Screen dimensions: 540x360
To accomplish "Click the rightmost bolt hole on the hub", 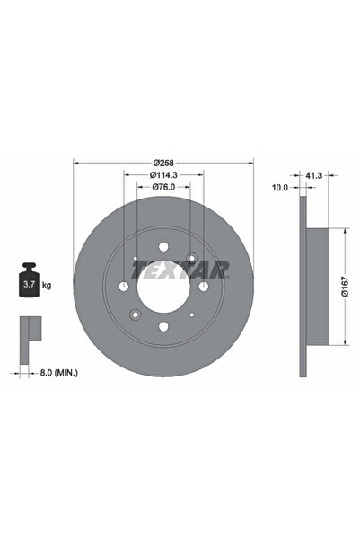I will tap(203, 286).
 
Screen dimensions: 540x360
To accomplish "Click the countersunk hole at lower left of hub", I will tap(134, 314).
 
